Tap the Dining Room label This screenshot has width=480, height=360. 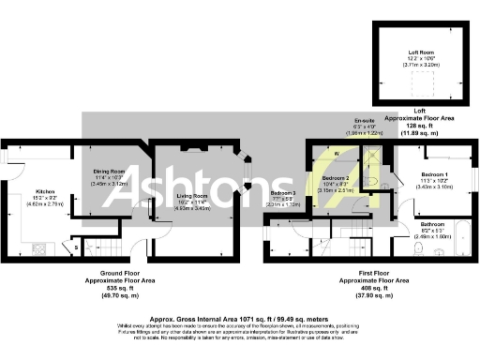(x=109, y=172)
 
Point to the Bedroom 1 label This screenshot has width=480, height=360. (x=435, y=175)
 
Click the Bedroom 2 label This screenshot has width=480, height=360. (x=336, y=178)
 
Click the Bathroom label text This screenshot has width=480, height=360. (x=432, y=225)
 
